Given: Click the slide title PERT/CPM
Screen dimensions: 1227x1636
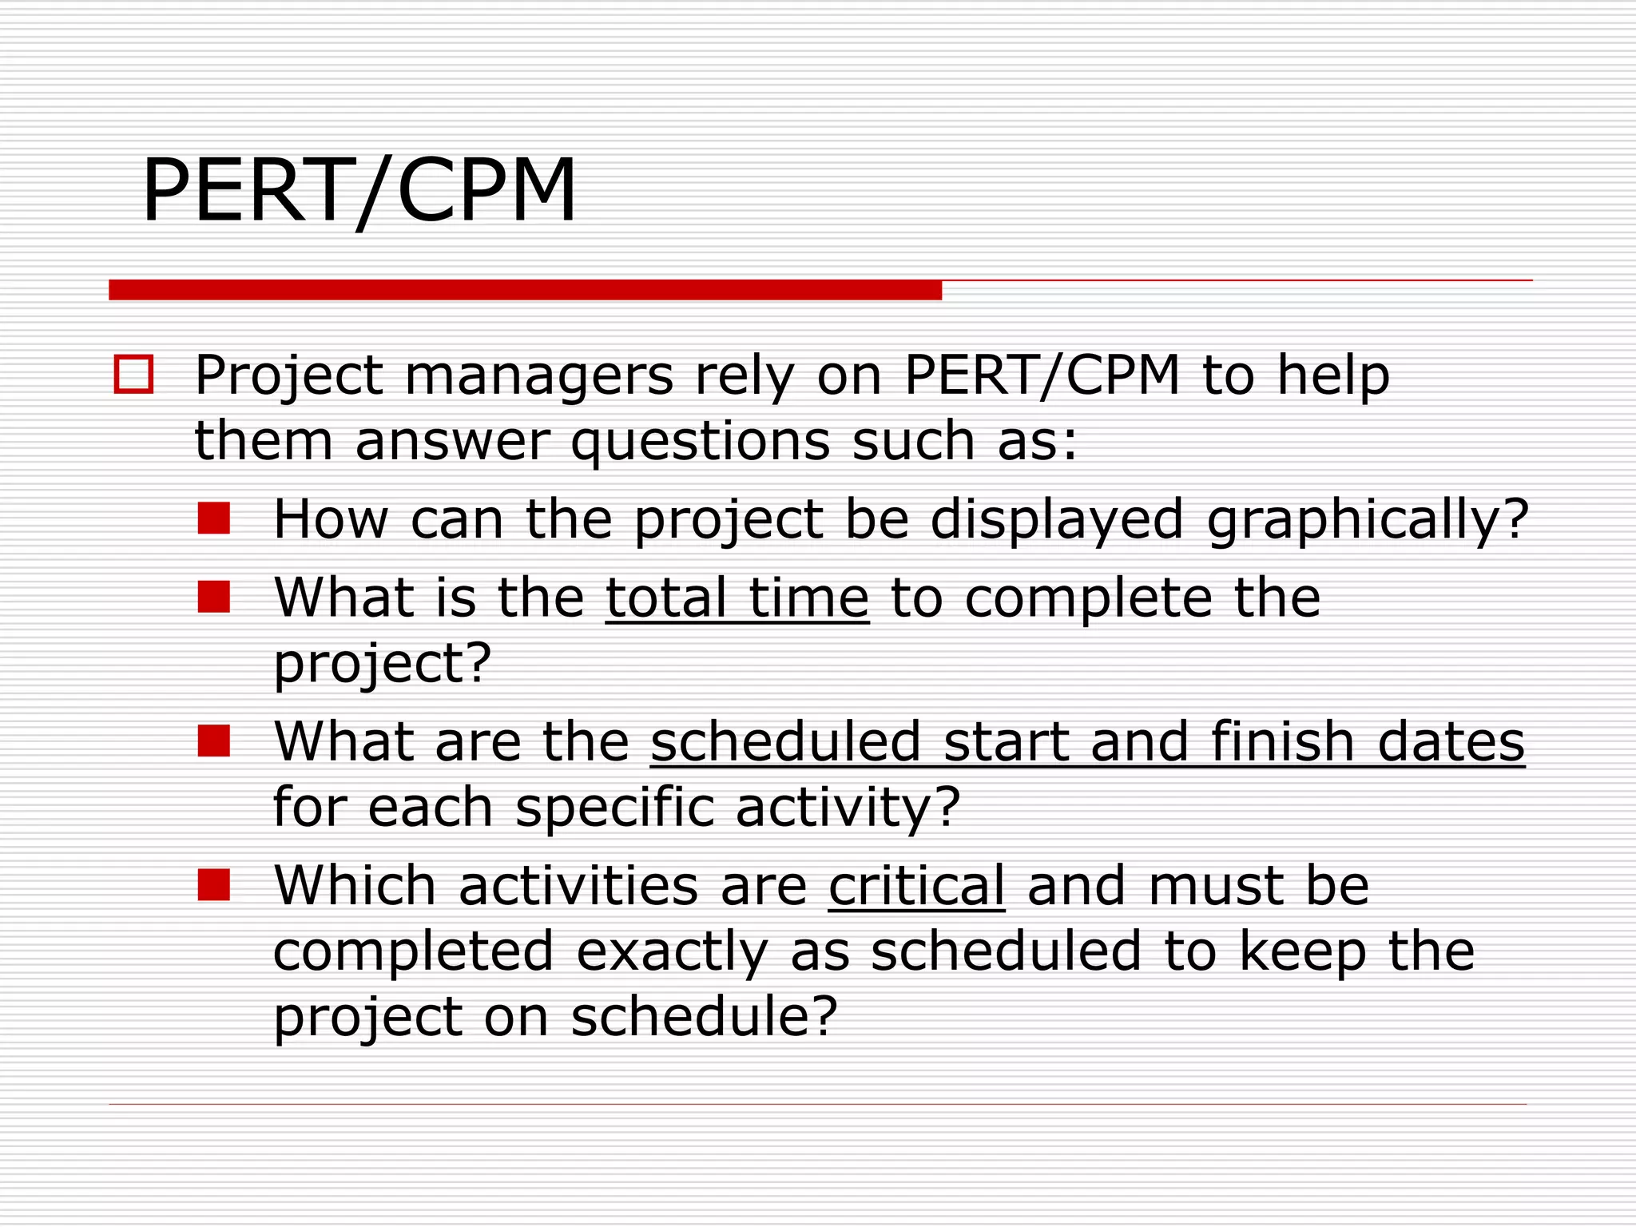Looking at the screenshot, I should [x=359, y=190].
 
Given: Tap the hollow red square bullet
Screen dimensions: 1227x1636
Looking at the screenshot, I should [x=133, y=374].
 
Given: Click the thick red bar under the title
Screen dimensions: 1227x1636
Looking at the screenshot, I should [x=525, y=290].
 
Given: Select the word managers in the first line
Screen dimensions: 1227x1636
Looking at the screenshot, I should [x=539, y=375].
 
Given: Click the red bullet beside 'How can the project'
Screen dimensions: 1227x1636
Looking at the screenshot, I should [x=214, y=518].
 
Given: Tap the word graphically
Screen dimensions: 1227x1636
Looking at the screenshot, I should [x=1367, y=519].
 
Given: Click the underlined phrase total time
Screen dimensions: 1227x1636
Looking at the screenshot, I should [x=737, y=598].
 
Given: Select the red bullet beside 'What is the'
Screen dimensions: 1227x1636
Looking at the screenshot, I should [x=214, y=596].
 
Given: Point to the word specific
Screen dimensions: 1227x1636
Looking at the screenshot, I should [x=614, y=807].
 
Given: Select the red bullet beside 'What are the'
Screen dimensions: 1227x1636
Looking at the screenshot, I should [x=214, y=741].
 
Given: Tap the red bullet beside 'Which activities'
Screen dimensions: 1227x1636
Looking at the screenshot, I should [x=214, y=884].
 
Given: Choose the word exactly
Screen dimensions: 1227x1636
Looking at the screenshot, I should [x=672, y=952].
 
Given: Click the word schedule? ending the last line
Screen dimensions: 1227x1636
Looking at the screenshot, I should [x=704, y=1016].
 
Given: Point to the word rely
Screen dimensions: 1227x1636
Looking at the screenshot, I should [x=744, y=375].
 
